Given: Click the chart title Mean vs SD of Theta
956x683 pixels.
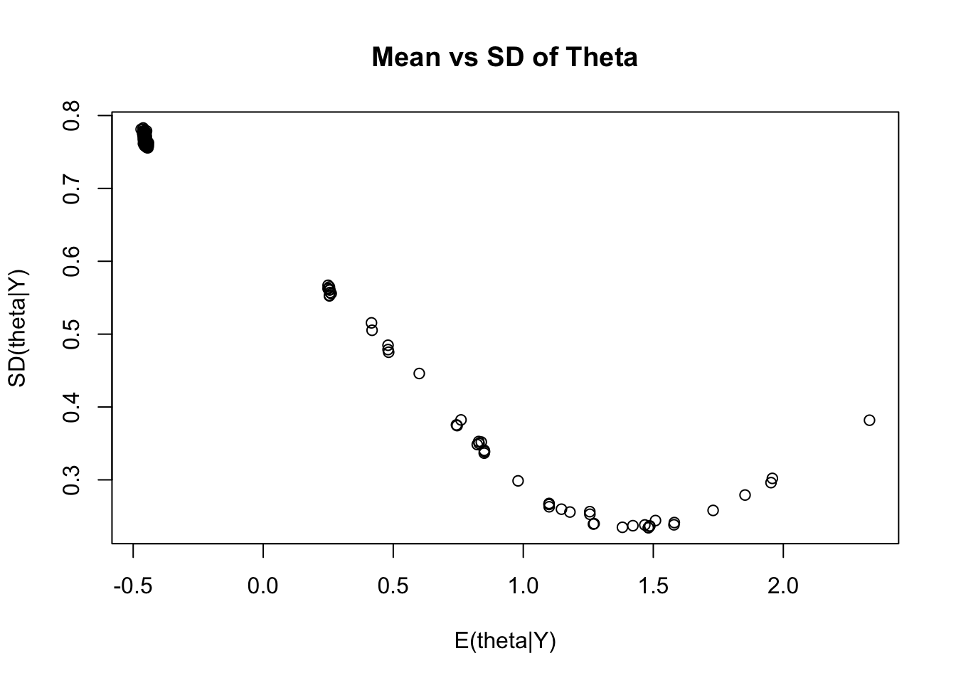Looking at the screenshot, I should (x=504, y=57).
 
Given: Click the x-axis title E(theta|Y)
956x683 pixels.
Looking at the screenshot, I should (x=505, y=641).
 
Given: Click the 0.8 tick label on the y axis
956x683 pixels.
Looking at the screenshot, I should (x=71, y=115).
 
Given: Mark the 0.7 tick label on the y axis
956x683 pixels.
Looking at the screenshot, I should (x=71, y=189).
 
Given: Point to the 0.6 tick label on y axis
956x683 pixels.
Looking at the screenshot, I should (x=71, y=261).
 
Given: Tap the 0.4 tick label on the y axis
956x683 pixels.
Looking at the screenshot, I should (x=71, y=407).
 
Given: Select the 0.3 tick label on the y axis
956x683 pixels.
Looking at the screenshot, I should (x=71, y=480).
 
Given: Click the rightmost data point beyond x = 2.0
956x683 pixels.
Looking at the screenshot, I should (x=869, y=420).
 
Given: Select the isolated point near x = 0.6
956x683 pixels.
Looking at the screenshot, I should (x=419, y=374).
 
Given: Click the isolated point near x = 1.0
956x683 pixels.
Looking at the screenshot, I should (x=518, y=481).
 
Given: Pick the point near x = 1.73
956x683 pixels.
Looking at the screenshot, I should (x=713, y=510).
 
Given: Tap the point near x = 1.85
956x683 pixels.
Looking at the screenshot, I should (x=745, y=495).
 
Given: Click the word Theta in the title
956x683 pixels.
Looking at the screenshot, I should (x=601, y=57).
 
